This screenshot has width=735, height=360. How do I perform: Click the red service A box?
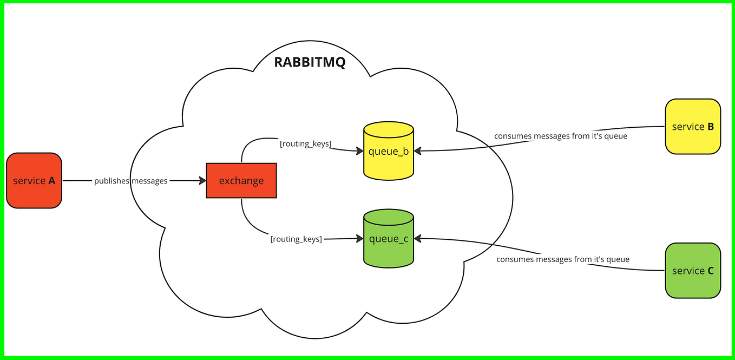coord(34,180)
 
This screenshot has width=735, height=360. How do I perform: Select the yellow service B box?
coord(693,127)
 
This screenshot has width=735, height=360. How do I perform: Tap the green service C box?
coord(693,270)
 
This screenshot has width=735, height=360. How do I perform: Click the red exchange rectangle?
coord(241,180)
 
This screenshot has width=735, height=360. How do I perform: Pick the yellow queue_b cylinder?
coord(389,151)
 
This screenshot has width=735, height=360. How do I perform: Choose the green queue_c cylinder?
coord(389,239)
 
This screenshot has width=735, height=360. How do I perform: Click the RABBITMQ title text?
coord(310,62)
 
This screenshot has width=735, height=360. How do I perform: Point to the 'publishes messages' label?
coord(130,181)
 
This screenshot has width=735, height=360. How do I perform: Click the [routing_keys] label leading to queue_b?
coord(305,143)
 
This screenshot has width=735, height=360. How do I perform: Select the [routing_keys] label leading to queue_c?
coord(296,239)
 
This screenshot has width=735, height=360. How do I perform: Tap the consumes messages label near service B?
coord(560,136)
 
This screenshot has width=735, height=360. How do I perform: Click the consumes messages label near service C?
coord(563,259)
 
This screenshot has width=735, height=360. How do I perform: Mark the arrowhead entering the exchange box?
coord(203,181)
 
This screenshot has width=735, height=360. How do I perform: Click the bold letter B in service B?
coord(710,127)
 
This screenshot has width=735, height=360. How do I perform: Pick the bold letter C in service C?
coord(710,271)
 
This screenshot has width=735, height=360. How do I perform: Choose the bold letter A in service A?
coord(51,181)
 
